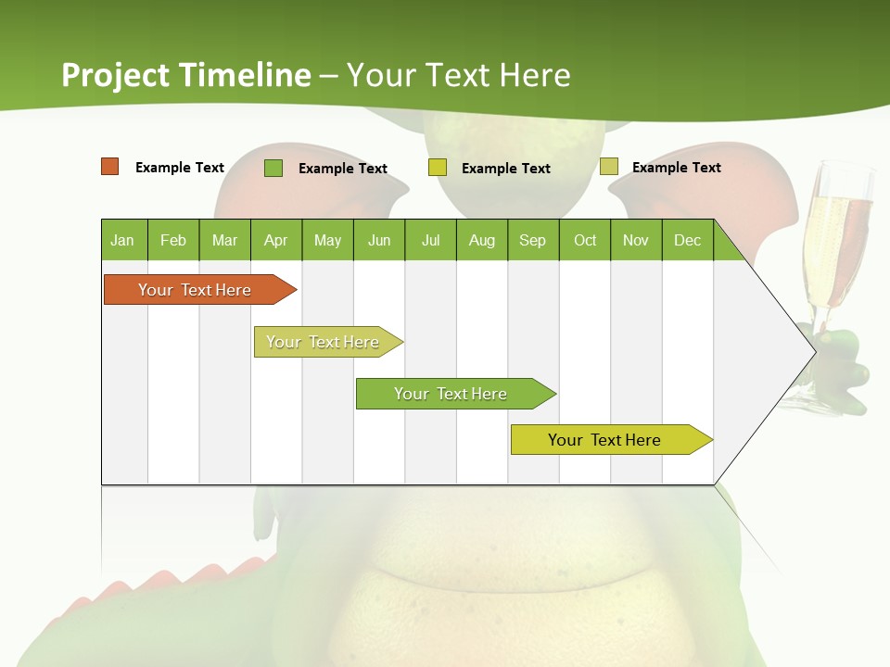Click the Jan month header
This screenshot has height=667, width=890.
[x=123, y=240]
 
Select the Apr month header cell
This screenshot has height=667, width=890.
[x=276, y=240]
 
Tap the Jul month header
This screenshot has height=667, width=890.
[x=430, y=240]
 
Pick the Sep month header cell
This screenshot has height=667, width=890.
[x=533, y=240]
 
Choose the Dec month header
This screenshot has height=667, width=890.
[x=687, y=240]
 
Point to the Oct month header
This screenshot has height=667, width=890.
[x=585, y=240]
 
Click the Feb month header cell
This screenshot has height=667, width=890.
[x=173, y=240]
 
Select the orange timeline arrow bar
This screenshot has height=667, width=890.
[x=196, y=290]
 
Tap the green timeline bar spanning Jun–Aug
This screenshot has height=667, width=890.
[x=451, y=394]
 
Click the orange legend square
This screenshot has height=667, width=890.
[x=110, y=167]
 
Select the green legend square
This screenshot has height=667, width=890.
[x=273, y=168]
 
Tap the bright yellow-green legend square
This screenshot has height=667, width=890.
[x=438, y=168]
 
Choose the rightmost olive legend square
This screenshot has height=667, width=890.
[x=609, y=167]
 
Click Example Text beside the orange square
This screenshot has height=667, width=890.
[x=180, y=168]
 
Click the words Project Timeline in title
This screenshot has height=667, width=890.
[x=186, y=75]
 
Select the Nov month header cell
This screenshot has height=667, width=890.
[x=636, y=240]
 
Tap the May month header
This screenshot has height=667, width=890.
[x=327, y=240]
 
